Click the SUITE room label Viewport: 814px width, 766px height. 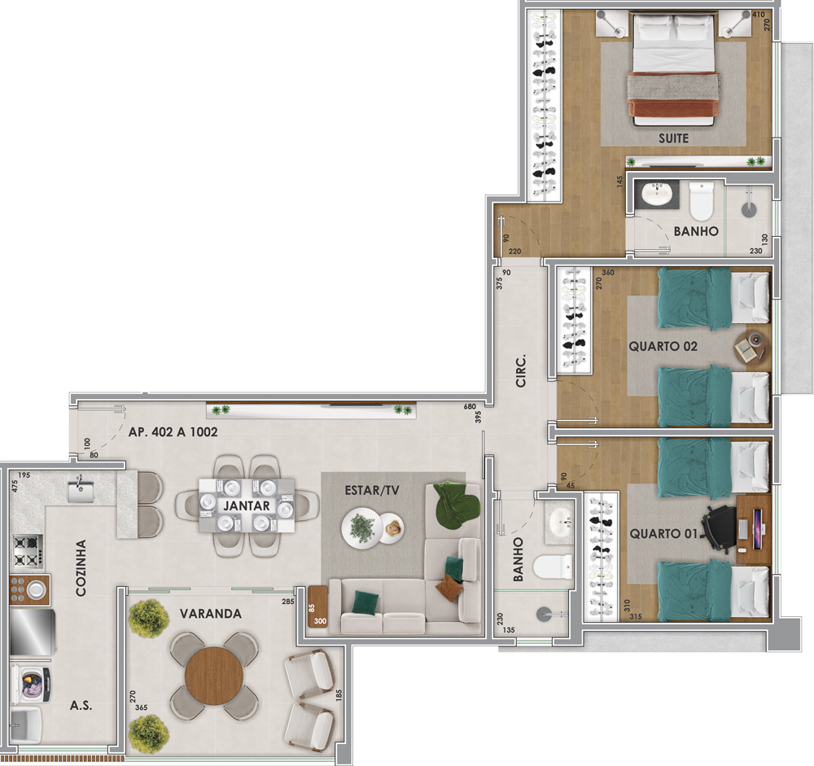click(673, 138)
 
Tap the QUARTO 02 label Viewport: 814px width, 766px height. click(663, 347)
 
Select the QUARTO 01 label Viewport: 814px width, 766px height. click(663, 534)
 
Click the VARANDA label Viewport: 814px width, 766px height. click(210, 614)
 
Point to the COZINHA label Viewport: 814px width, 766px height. click(81, 567)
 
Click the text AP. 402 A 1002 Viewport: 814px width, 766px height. click(173, 432)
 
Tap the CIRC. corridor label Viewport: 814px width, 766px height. click(521, 371)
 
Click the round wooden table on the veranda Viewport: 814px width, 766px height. click(214, 676)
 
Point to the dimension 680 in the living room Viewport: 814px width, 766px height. click(470, 407)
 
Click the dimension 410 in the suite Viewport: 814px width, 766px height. click(759, 15)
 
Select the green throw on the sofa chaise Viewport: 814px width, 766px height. click(457, 506)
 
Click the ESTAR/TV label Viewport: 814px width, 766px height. click(372, 490)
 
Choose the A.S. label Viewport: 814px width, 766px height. click(81, 706)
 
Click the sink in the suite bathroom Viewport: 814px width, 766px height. click(657, 195)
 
